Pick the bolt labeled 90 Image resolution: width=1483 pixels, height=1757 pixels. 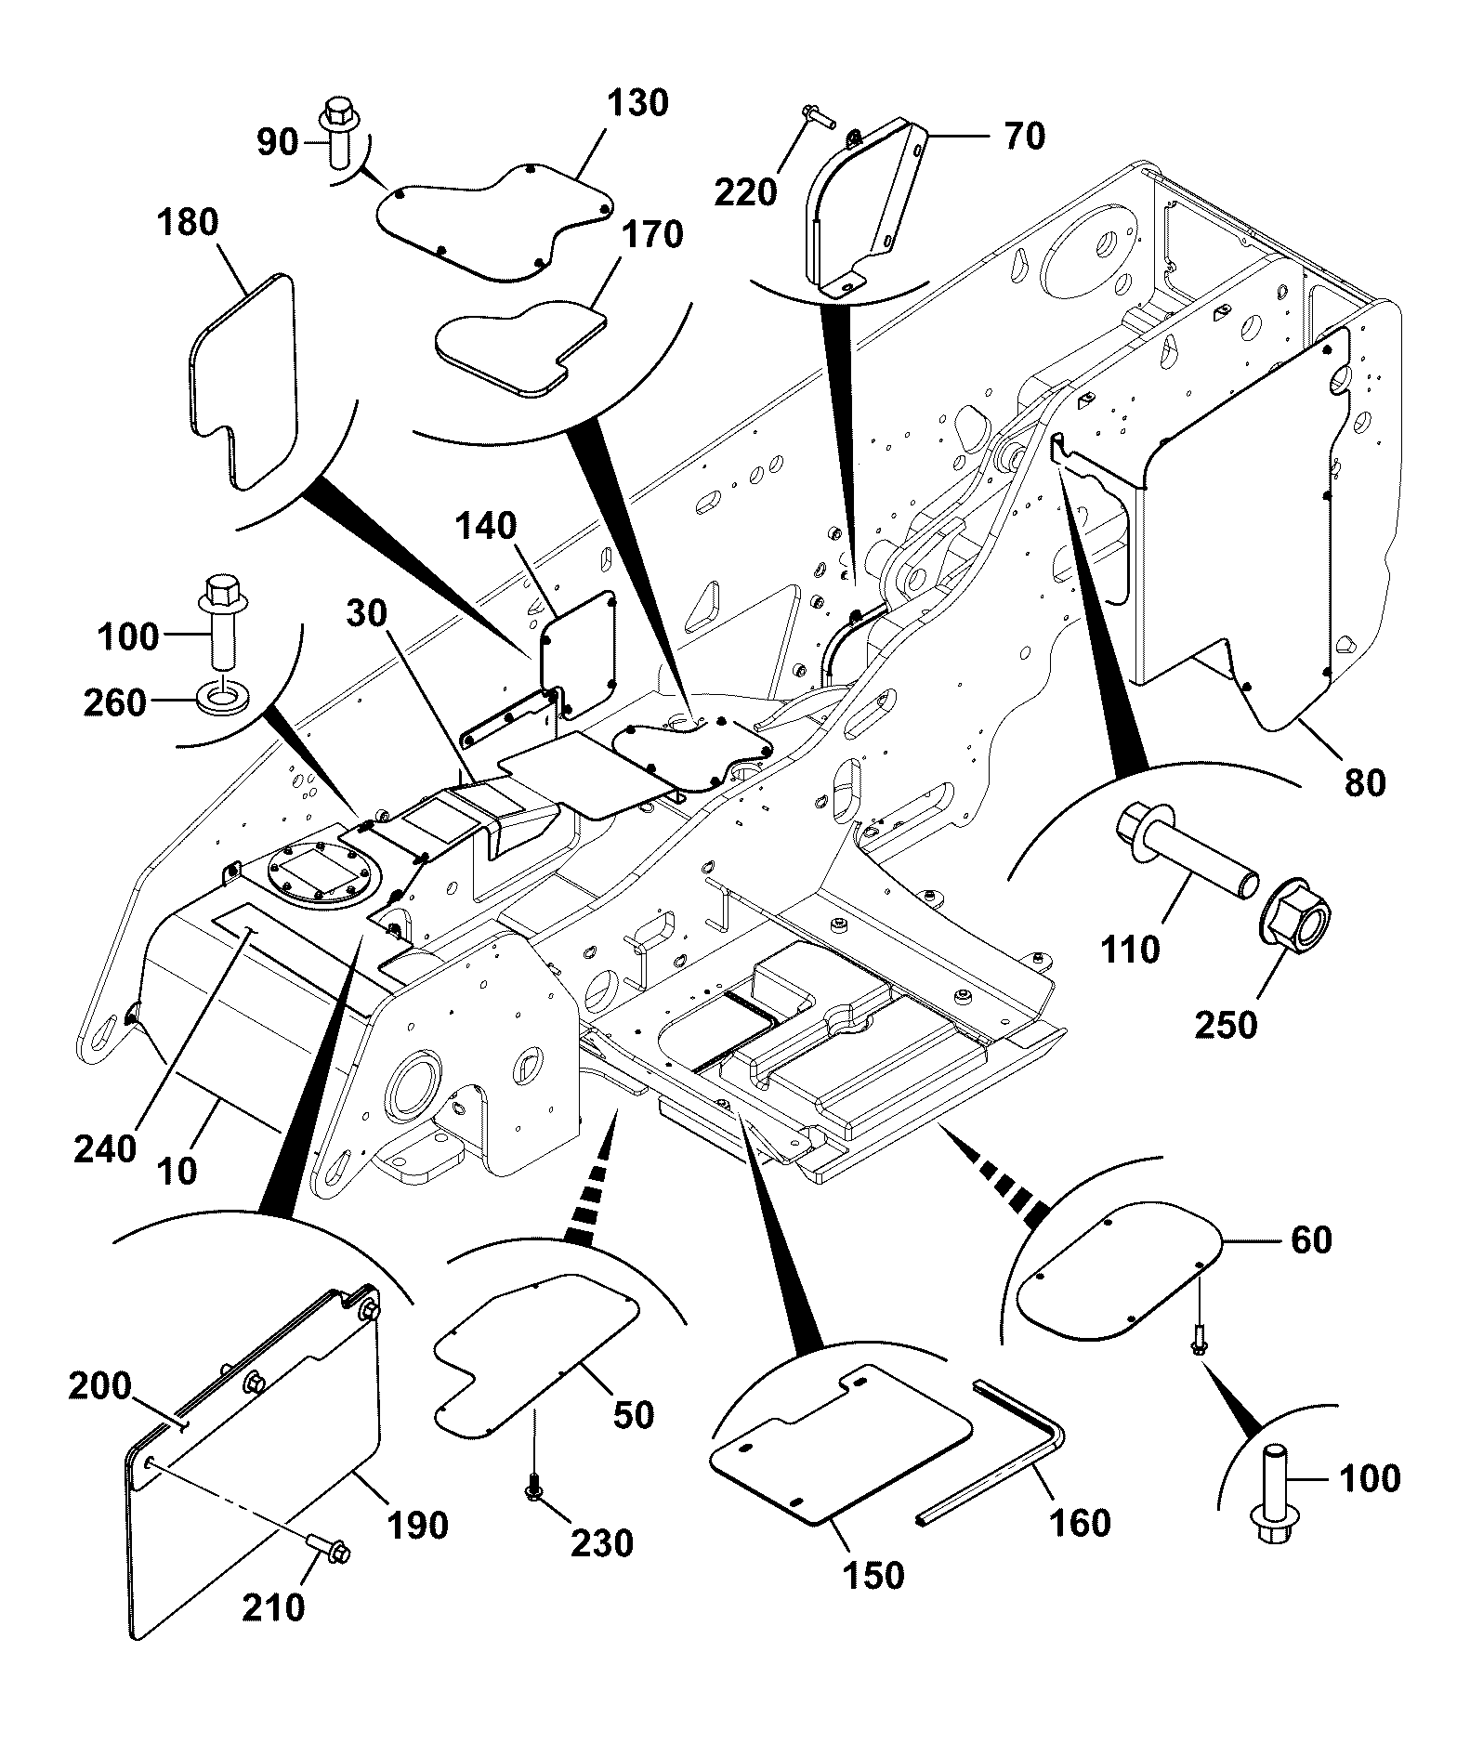340,132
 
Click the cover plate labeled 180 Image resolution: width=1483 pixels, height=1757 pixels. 243,381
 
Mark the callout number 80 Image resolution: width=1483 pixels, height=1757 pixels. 1365,782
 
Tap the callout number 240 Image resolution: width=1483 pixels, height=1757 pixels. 105,1149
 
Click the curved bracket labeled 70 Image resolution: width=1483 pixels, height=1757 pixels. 861,209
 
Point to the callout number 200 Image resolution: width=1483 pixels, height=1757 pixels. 99,1386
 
